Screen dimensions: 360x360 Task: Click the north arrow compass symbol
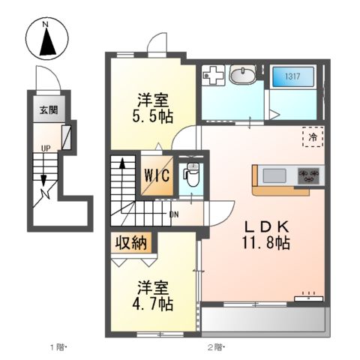(x=46, y=40)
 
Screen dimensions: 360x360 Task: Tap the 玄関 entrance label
(x=49, y=110)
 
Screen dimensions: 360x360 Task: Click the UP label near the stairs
(x=46, y=148)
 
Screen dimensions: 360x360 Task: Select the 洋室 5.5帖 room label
(x=152, y=108)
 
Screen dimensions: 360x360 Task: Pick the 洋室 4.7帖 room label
(x=152, y=295)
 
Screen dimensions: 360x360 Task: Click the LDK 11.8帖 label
(x=265, y=235)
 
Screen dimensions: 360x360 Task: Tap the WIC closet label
(x=157, y=175)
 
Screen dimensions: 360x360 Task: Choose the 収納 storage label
(x=131, y=242)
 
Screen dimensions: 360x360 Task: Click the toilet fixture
(x=191, y=175)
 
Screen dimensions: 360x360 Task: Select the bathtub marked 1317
(x=292, y=76)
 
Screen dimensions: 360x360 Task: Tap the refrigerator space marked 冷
(x=313, y=136)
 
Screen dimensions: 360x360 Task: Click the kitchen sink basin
(x=274, y=175)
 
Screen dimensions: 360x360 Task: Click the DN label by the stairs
(x=174, y=214)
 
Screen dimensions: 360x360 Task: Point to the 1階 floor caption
(x=58, y=347)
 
